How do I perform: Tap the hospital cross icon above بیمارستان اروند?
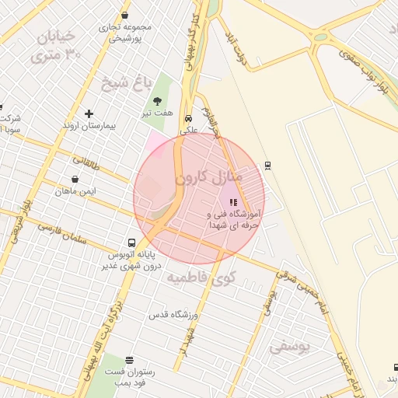point(89,114)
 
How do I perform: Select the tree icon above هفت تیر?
point(158,101)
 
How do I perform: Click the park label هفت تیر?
point(156,113)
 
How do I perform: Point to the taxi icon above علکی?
point(189,119)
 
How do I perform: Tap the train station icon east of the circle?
point(268,165)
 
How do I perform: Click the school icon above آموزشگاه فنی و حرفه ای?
point(233,202)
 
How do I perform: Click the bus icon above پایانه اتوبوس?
point(131,243)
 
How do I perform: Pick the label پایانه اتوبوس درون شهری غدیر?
point(131,260)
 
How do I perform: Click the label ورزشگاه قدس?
point(176,314)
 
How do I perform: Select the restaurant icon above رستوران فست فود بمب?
point(129,361)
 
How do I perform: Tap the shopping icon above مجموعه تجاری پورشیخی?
point(125,16)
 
